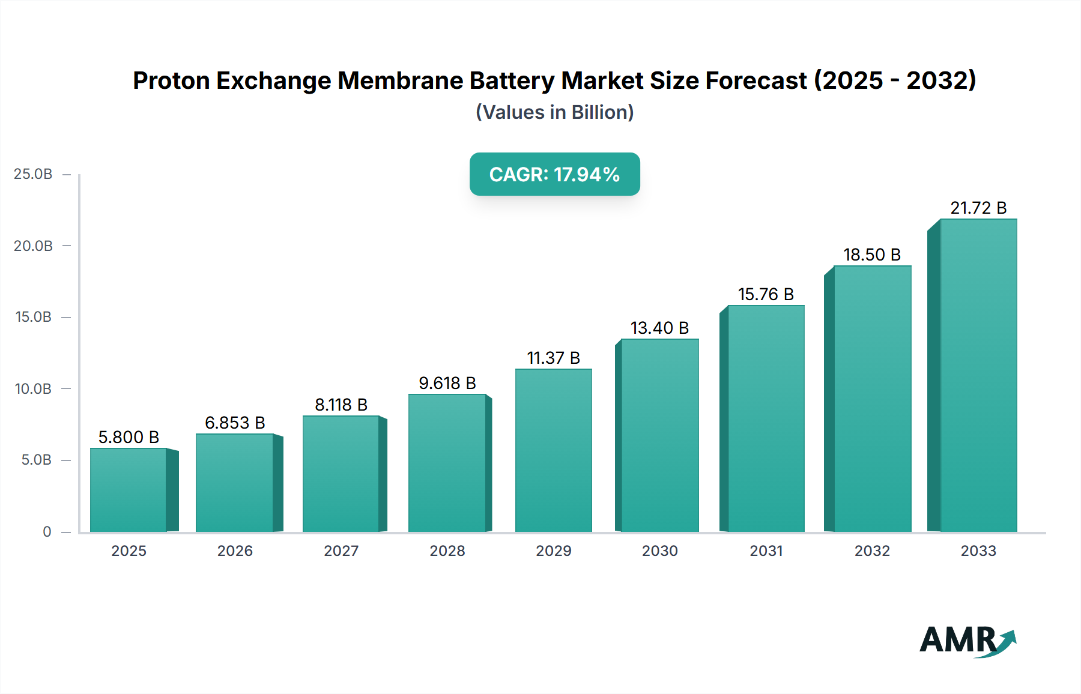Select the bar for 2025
click(129, 490)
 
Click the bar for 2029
click(553, 450)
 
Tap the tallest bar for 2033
click(978, 375)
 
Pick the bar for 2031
click(766, 418)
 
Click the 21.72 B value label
click(978, 208)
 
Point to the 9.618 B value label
click(447, 383)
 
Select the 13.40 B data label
click(659, 328)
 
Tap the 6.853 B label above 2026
click(235, 423)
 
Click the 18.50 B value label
click(871, 255)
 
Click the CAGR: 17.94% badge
click(554, 174)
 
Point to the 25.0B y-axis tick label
click(33, 174)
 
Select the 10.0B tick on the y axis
click(33, 388)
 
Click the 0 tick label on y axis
click(47, 531)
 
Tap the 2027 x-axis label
click(341, 551)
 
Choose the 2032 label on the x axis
click(871, 551)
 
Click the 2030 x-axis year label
click(659, 551)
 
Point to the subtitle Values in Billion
click(554, 112)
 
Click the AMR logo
click(967, 640)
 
